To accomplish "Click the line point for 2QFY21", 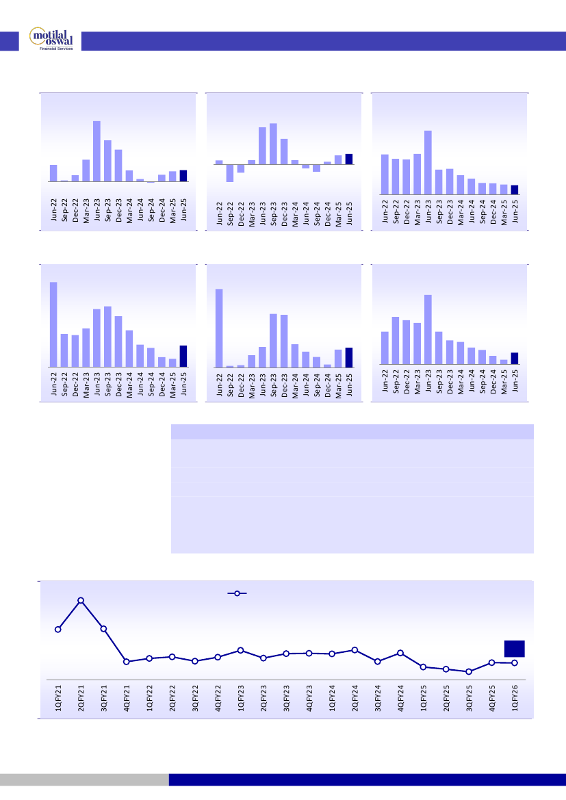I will (81, 600).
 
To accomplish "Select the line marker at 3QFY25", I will (469, 671).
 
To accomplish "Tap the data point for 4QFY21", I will (127, 661).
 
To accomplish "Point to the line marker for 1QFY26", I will (514, 662).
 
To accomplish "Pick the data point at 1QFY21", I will (58, 629).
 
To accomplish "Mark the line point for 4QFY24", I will (400, 653).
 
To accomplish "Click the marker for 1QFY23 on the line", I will (240, 650).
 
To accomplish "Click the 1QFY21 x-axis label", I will (59, 698).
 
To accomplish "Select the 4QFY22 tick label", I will (218, 698).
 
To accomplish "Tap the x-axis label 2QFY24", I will (355, 698).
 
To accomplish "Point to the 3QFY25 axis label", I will (469, 698).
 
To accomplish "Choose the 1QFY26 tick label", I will (515, 698).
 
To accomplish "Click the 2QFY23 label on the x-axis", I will (264, 698).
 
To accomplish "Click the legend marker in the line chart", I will (237, 593).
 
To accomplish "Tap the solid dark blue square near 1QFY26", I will (515, 648).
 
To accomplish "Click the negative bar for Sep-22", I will (230, 173).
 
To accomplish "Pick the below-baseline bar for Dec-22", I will (241, 168).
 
